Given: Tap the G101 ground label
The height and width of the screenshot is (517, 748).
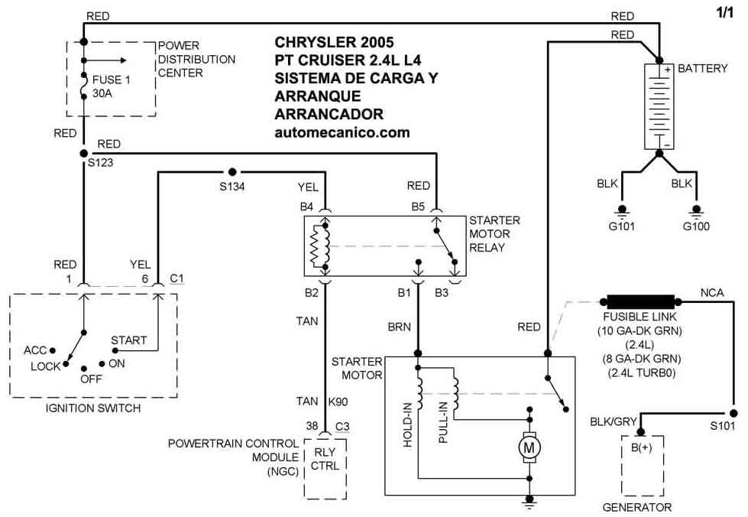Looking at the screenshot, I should click(x=622, y=226).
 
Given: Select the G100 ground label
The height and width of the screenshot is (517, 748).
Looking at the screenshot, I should click(x=696, y=226).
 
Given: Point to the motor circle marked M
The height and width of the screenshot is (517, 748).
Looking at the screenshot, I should click(x=529, y=447).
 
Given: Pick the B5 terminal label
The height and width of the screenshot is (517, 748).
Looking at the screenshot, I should click(x=418, y=206).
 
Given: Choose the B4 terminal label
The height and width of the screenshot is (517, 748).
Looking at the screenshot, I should click(x=306, y=206).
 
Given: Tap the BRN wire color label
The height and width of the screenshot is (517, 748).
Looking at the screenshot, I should click(x=399, y=327).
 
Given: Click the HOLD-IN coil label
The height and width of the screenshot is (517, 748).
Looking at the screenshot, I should click(x=407, y=425).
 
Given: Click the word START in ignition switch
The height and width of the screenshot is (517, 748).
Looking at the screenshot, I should click(x=129, y=340).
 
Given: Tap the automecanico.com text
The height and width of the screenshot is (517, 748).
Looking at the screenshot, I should click(x=342, y=132).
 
